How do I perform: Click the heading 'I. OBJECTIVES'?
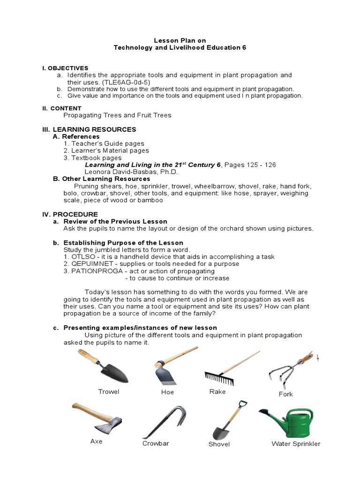click(65, 68)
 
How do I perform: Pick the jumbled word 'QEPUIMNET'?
click(91, 264)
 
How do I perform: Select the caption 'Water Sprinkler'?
click(296, 443)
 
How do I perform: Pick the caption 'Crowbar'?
click(156, 443)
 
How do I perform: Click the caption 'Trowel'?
click(108, 391)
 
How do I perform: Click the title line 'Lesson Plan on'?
click(180, 41)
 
